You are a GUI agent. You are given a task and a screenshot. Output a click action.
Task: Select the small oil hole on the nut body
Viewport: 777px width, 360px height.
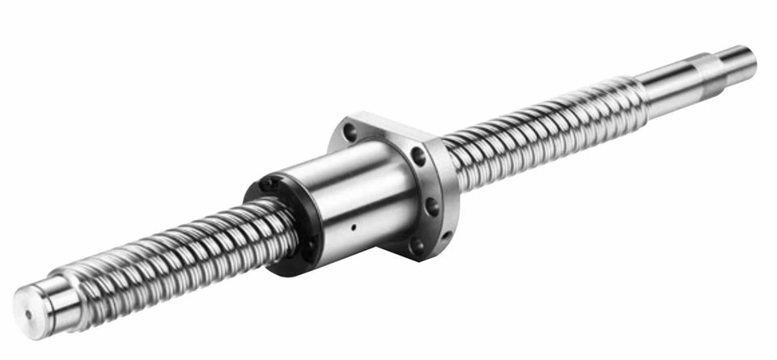[x=354, y=227]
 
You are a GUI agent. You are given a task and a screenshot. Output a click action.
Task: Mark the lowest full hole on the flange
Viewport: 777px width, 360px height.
[x=418, y=247]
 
